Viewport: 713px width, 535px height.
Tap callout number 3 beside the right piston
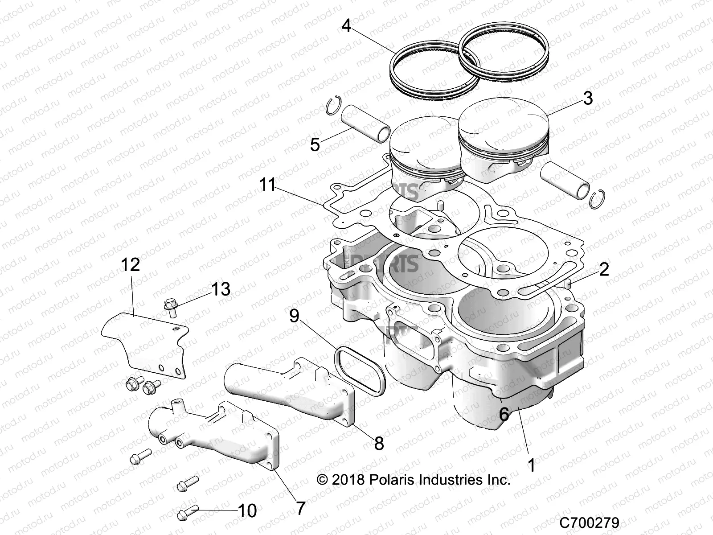pos(588,98)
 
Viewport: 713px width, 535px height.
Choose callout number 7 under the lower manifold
pos(301,508)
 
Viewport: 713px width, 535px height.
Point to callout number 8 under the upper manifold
pos(378,443)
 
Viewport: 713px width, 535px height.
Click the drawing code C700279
pos(589,522)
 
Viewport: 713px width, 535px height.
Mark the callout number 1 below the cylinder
pos(531,465)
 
